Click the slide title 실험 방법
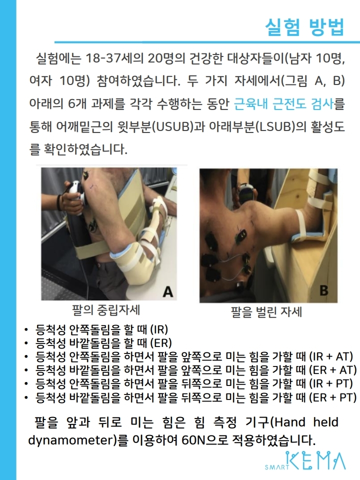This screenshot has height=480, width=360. coord(305,27)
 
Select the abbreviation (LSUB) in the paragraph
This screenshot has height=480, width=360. coord(276,126)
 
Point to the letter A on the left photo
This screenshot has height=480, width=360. coord(168,291)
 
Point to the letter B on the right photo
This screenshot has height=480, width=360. coord(324,290)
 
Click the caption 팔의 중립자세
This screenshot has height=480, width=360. coord(106,310)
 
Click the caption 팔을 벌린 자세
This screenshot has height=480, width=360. coord(266,312)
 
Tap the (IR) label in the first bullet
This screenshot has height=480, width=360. coord(159,329)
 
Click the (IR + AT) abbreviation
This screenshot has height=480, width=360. coord(331,356)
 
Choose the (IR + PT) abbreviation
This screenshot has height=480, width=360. coord(331,383)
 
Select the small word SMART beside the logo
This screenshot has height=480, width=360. coord(277,467)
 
